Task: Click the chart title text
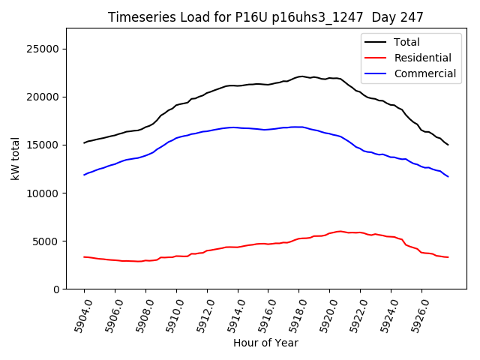click(265, 17)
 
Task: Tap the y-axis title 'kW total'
click(15, 158)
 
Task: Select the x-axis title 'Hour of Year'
click(265, 343)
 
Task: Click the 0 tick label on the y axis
click(56, 289)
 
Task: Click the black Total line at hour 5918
click(299, 76)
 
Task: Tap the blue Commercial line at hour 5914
click(238, 127)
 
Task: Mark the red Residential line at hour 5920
click(330, 233)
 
